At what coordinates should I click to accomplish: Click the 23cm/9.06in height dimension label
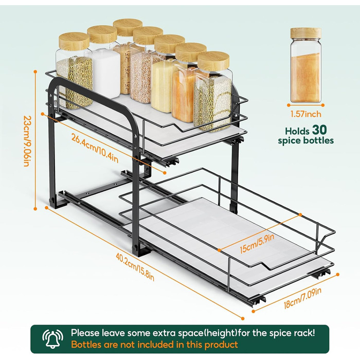tap(27, 141)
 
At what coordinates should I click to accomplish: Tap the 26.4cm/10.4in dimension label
tap(95, 148)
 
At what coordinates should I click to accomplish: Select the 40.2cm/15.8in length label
tap(135, 267)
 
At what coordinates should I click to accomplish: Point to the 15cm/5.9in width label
tap(257, 243)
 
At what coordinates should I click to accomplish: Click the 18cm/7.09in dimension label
tap(302, 298)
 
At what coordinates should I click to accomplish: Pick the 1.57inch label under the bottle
tap(306, 114)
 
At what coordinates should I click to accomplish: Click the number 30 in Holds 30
tap(319, 130)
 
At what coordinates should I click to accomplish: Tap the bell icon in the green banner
tap(52, 339)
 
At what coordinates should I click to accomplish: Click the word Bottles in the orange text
tap(86, 345)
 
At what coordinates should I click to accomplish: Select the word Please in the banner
tap(85, 333)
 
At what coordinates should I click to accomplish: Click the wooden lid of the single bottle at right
tap(305, 33)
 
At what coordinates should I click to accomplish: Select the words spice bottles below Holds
tap(306, 140)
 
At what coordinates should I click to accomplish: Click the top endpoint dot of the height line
tap(35, 72)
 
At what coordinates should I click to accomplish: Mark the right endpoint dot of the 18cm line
tap(337, 274)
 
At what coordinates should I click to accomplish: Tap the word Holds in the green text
tap(297, 131)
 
